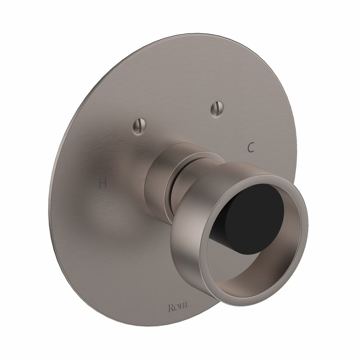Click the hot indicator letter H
[103, 184]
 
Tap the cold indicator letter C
[251, 147]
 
